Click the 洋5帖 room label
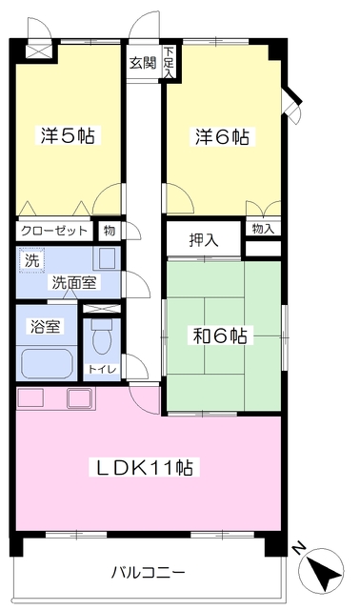68,135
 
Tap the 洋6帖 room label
222,136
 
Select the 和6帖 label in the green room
220,335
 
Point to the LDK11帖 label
145,467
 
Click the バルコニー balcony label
149,572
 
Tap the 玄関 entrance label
143,63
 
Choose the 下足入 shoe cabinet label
169,62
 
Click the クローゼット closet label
54,231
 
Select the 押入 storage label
204,240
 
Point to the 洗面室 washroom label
74,283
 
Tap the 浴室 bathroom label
46,326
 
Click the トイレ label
102,369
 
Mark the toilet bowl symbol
102,336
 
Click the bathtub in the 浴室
47,363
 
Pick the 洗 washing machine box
31,260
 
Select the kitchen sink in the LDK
80,398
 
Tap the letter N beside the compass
299,549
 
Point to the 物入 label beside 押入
263,229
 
